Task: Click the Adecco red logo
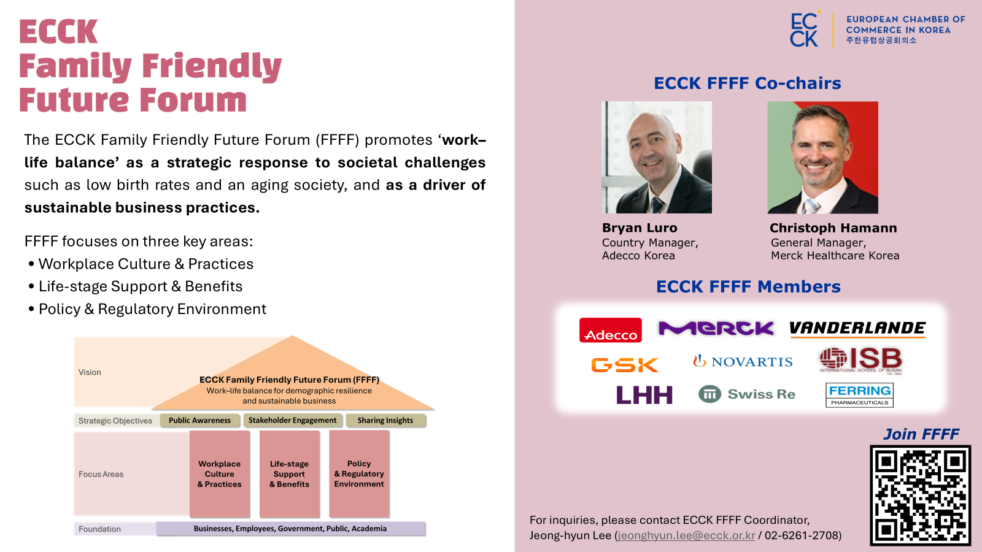pos(610,330)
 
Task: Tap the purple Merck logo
pos(716,329)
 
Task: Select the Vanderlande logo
pos(857,329)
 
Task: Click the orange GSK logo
pos(624,365)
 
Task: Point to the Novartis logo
pos(743,362)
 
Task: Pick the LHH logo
pos(644,395)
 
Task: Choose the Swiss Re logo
pos(747,394)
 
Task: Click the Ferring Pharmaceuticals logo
pos(859,395)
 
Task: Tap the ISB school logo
pos(860,360)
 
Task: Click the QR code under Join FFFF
pos(920,495)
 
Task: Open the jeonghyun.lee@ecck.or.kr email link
pos(686,535)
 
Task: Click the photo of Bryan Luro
pos(657,158)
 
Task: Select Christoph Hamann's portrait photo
pos(822,158)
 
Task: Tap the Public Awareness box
pos(199,421)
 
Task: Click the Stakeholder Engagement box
pos(292,421)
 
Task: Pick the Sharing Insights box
pos(385,421)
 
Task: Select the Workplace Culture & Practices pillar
pos(220,474)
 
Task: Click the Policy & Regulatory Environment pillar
pos(359,474)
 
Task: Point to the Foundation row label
pos(99,529)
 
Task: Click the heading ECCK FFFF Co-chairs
pos(747,83)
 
